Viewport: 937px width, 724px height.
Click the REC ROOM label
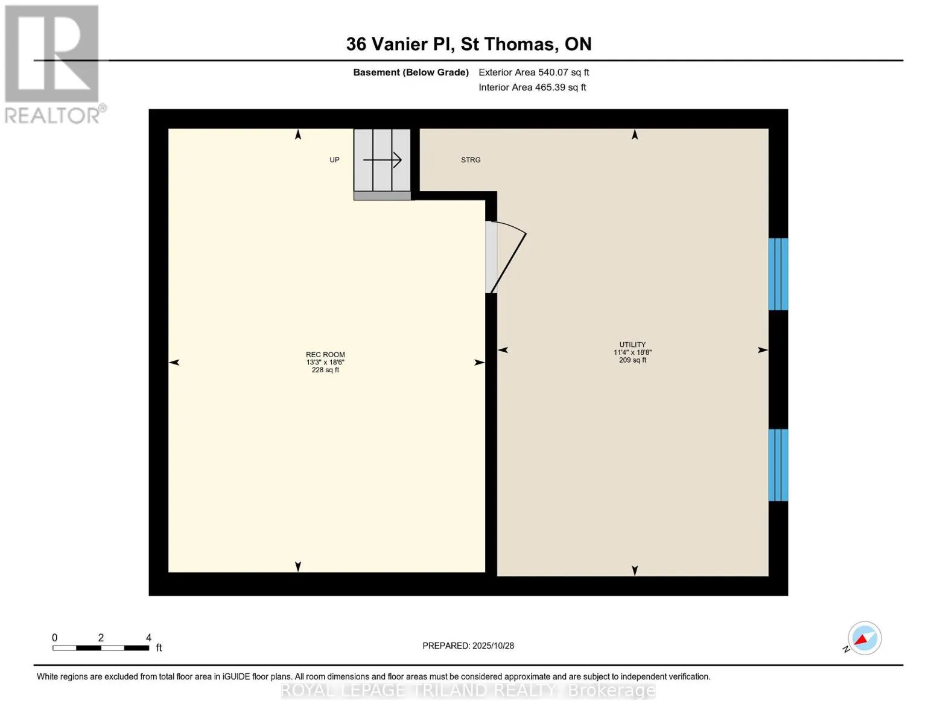325,355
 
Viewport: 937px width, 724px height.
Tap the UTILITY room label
632,345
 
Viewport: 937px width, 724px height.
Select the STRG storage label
471,160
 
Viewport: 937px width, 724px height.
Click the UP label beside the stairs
334,160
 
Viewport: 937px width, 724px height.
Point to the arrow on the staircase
383,160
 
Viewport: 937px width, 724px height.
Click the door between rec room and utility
506,258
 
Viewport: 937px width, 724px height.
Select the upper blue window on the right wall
778,274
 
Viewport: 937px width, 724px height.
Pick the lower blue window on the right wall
778,465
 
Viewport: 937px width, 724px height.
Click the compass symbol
864,638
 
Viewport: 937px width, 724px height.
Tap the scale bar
101,648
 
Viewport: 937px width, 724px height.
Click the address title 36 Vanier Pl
468,44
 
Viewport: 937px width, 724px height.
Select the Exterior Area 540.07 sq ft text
533,72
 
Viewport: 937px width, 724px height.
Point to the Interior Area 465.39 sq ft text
532,87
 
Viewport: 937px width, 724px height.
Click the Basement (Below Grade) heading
411,72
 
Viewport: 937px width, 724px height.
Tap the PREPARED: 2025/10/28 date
468,646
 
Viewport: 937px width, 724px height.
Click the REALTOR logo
52,63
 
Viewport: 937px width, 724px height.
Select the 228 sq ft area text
325,370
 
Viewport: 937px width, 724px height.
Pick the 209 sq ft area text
632,360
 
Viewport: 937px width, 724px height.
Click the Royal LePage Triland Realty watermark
468,690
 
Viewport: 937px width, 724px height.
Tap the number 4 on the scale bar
148,638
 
